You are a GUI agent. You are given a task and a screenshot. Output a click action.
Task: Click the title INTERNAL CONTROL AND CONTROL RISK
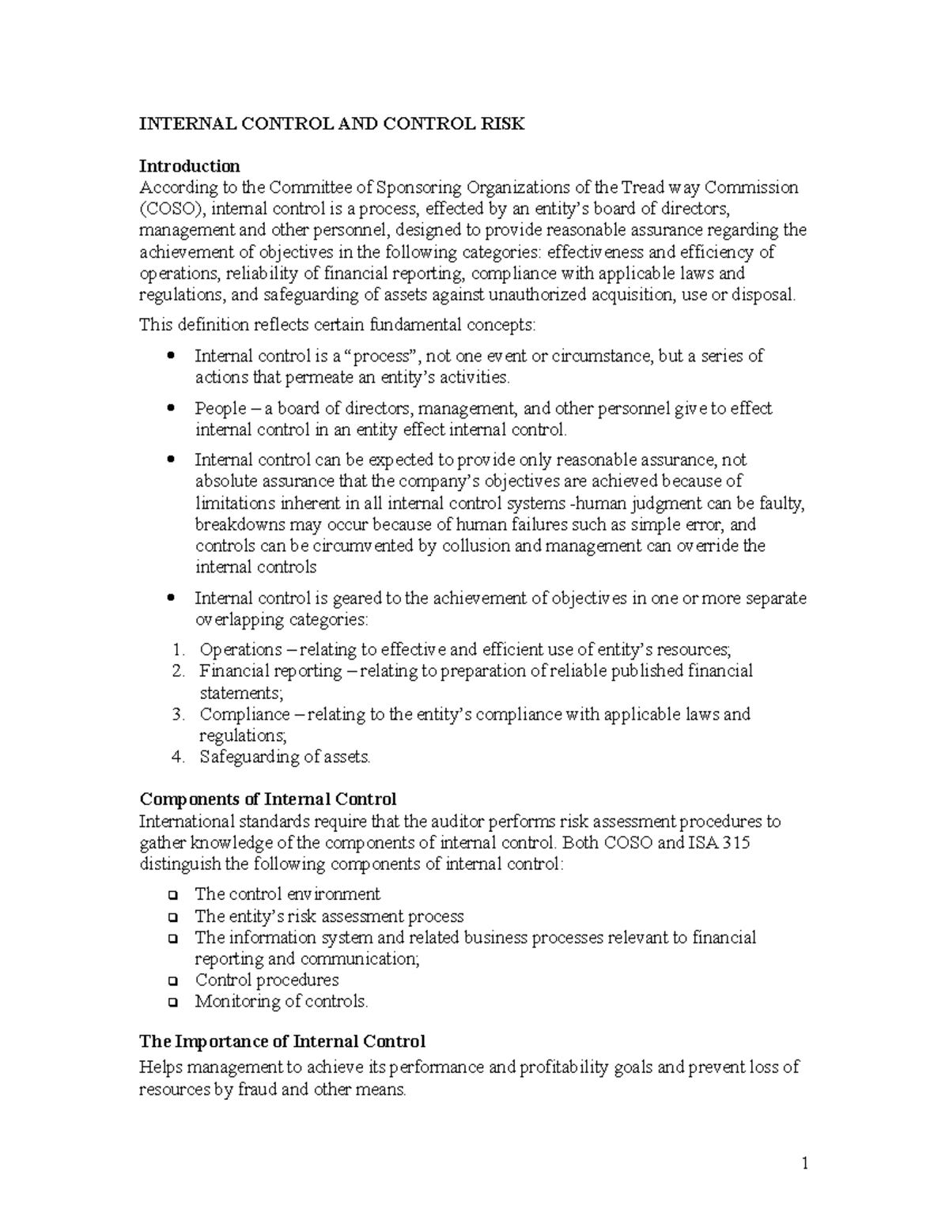331,124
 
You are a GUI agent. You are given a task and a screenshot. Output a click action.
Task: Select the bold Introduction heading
189,166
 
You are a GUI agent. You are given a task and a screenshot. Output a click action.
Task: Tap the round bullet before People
172,409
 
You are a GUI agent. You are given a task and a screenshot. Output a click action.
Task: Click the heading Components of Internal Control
267,799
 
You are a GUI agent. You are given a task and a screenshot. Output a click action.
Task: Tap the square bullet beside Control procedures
172,981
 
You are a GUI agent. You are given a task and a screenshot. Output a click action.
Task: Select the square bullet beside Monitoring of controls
172,1003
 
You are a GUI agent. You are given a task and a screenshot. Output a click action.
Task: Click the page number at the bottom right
804,1163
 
